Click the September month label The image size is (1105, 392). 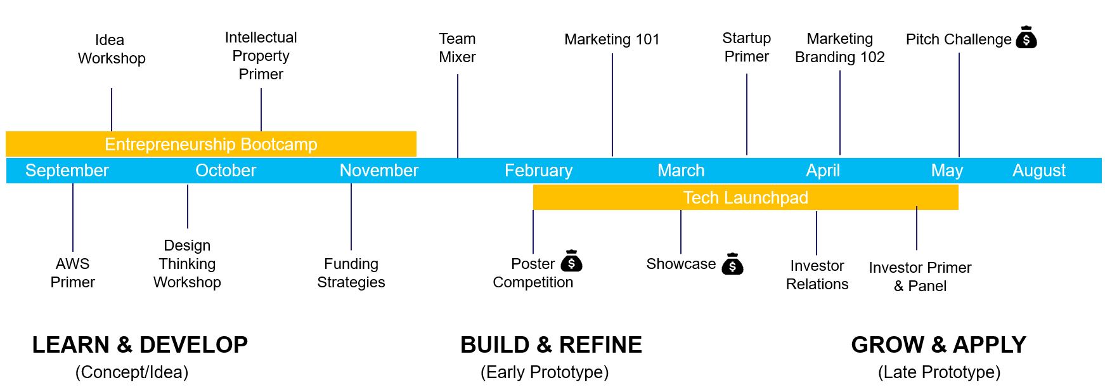[x=67, y=171]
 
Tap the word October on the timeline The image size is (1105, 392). [x=226, y=171]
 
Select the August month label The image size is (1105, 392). [x=1039, y=171]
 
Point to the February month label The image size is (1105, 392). [x=539, y=171]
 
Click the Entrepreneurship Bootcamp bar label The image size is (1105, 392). [x=211, y=145]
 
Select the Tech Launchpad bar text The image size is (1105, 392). [x=746, y=198]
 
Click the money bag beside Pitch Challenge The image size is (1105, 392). [x=1026, y=37]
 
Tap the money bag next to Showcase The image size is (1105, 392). [x=732, y=264]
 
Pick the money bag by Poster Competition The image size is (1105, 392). [x=571, y=261]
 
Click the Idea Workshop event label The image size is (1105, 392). [x=112, y=49]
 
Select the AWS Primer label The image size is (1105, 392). [x=73, y=273]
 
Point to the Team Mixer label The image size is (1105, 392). [x=457, y=48]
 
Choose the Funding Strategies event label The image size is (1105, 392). [x=351, y=273]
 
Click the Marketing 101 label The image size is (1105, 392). [x=612, y=39]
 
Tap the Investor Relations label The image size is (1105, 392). [x=817, y=275]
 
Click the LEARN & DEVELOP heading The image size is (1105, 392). [x=140, y=345]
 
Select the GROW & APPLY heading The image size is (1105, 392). [x=938, y=345]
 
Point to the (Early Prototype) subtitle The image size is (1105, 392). [x=545, y=372]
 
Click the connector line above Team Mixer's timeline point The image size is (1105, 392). [x=458, y=116]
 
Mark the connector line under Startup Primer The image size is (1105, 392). [x=747, y=114]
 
